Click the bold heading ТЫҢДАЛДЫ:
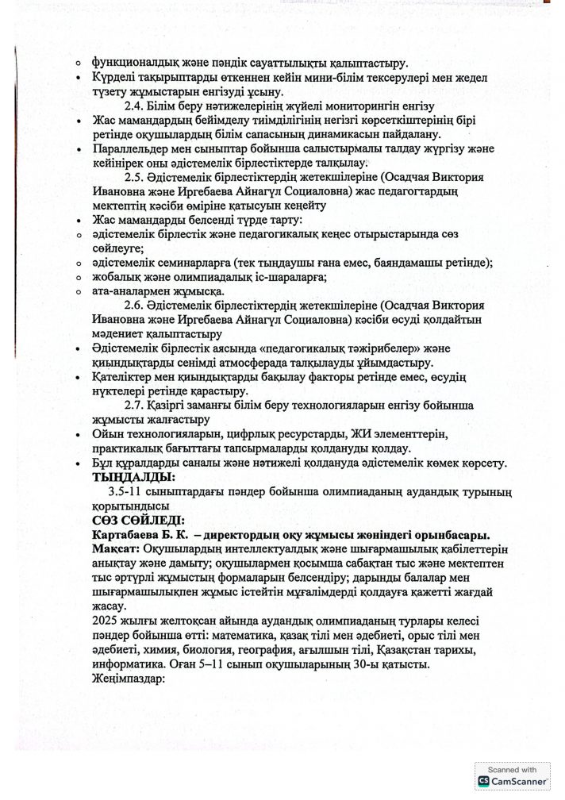pyautogui.click(x=133, y=477)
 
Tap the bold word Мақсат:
pyautogui.click(x=116, y=550)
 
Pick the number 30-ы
pyautogui.click(x=398, y=665)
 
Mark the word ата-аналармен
pyautogui.click(x=132, y=290)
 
